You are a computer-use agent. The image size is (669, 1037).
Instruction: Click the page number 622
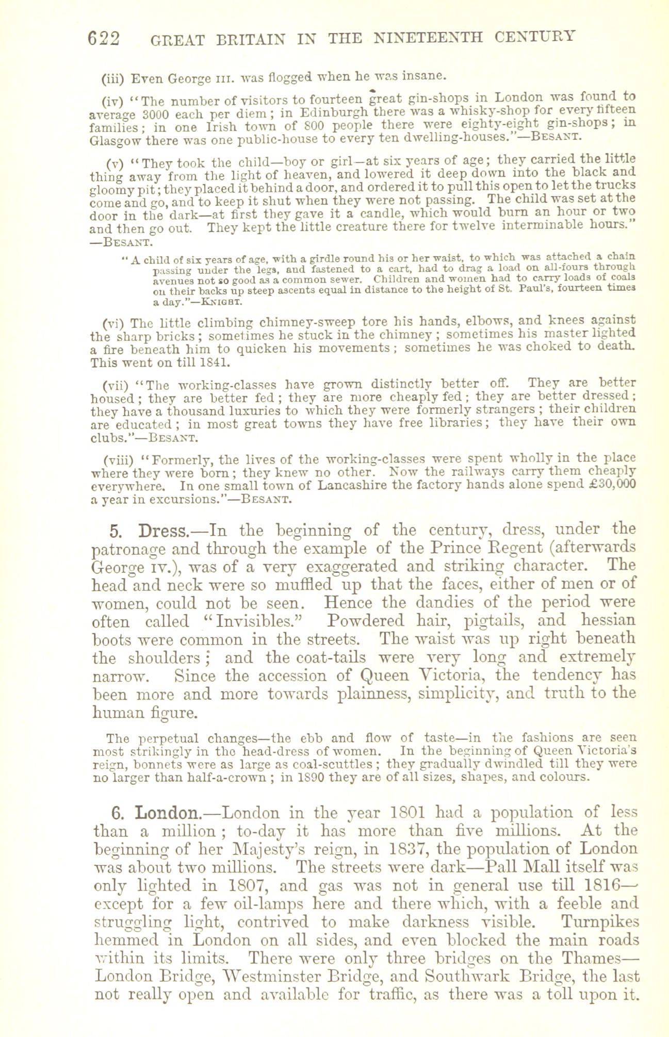pos(104,39)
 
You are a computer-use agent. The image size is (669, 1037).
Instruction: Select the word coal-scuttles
pos(337,763)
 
